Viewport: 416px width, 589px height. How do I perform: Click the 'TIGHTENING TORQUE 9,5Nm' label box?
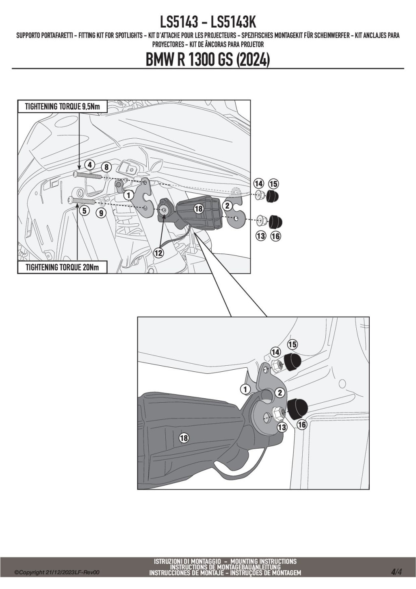point(62,107)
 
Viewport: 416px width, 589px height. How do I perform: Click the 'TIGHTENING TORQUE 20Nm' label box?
point(62,267)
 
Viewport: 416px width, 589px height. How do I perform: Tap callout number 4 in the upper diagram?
point(90,165)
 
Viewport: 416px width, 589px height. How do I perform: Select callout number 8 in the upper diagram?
point(106,167)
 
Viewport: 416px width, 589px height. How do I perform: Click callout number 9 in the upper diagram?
point(102,212)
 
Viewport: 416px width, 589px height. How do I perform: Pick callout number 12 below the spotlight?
point(158,253)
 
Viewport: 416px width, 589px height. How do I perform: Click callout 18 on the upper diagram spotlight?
point(198,209)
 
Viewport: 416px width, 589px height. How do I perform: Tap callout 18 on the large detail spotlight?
point(184,438)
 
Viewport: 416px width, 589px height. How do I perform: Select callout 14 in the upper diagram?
point(259,183)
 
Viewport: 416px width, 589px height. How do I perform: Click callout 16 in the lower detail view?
point(302,425)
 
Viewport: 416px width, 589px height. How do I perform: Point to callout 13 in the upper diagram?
point(261,236)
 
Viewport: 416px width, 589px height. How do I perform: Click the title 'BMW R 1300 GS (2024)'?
point(208,60)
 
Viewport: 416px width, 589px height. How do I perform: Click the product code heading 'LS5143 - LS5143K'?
point(208,22)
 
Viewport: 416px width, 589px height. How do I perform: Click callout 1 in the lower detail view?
point(245,389)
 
